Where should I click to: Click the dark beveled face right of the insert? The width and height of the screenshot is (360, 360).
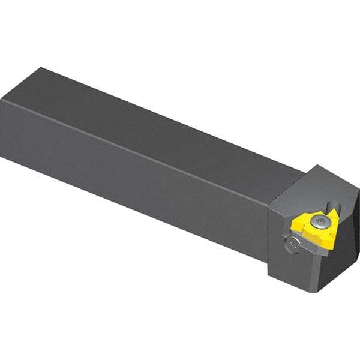tap(347, 240)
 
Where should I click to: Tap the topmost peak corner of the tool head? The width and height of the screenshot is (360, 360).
tap(334, 166)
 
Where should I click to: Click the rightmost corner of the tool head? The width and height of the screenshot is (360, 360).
tap(359, 201)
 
